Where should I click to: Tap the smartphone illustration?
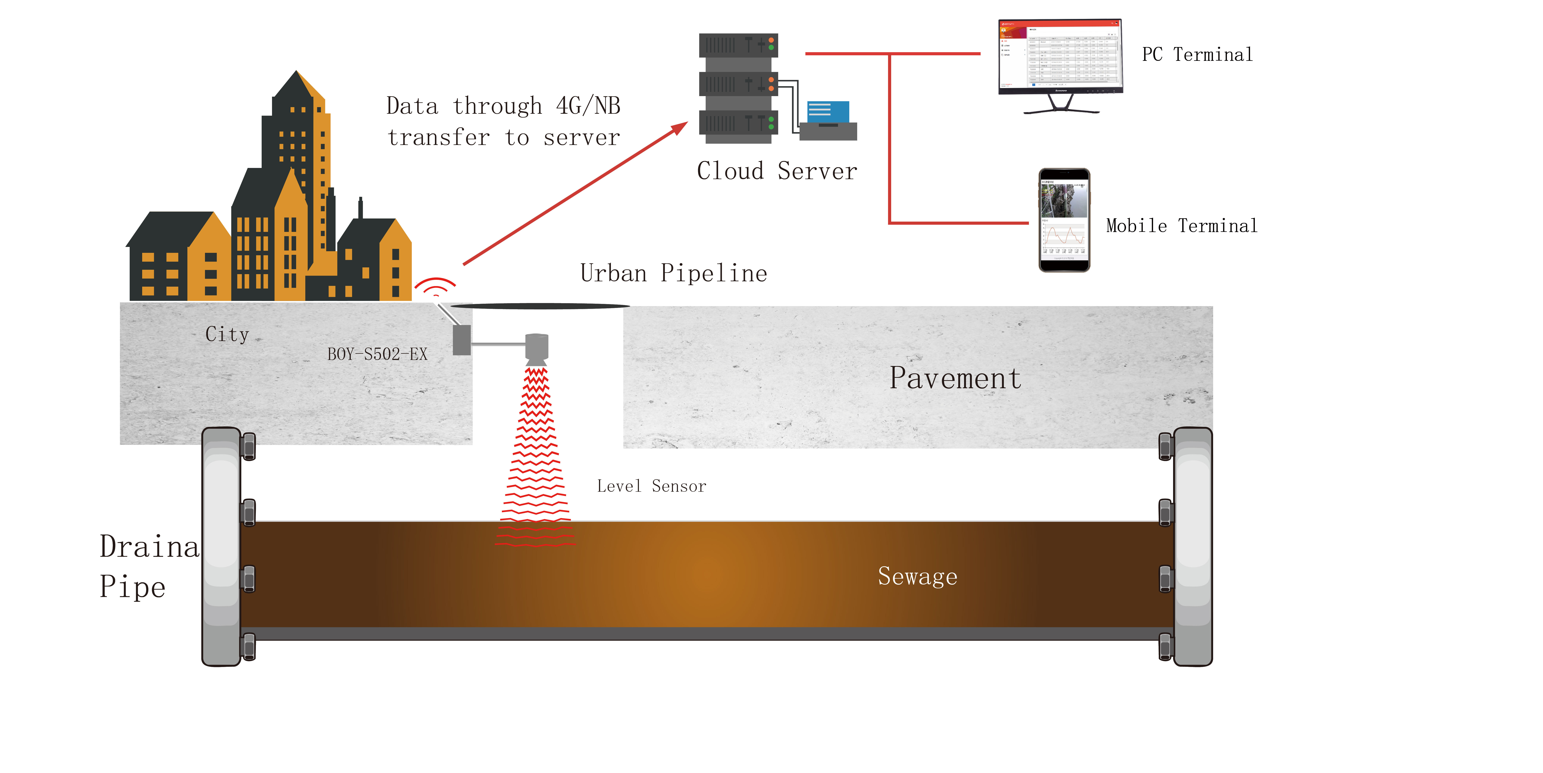pos(1064,220)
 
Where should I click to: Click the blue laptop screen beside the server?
pos(828,112)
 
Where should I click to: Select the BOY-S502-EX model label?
pos(377,354)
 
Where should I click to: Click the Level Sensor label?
pos(651,486)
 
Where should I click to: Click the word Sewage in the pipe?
pos(917,576)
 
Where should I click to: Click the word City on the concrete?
pos(227,334)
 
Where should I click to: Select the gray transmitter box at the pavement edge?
pos(461,340)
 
